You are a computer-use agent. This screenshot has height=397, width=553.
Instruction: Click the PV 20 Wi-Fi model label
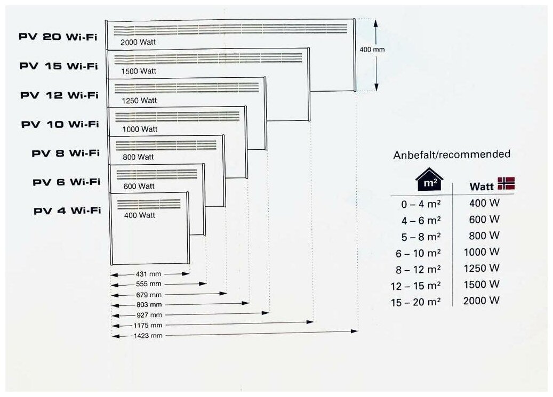[59, 37]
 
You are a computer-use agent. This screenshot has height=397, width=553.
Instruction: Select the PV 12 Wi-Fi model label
[60, 95]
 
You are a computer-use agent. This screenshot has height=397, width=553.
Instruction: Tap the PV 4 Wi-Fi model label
[67, 210]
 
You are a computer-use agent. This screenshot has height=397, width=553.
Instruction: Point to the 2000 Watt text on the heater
[138, 43]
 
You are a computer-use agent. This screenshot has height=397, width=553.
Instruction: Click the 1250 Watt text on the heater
[139, 100]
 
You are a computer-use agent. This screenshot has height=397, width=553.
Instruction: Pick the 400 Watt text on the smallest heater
[139, 215]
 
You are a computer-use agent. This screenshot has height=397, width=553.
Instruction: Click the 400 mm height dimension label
[372, 49]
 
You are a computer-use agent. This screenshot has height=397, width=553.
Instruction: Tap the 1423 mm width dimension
[149, 336]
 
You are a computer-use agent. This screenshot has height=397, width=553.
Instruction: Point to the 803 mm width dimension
[148, 304]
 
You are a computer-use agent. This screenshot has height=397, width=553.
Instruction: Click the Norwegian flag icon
[506, 184]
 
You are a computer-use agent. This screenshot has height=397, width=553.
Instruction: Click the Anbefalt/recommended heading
[451, 155]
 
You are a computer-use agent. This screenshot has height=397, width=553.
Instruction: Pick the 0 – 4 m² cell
[421, 204]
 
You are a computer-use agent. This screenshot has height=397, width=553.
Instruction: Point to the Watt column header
[481, 187]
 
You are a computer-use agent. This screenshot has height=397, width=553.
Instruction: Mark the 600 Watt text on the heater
[139, 187]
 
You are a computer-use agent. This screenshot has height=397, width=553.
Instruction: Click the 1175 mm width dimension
[149, 325]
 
